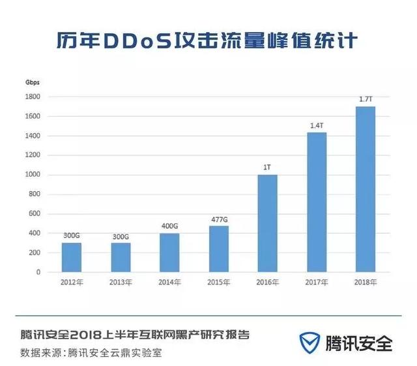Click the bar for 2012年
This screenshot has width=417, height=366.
[x=72, y=257]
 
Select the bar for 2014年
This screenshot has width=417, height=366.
[x=169, y=252]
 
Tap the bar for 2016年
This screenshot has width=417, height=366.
[x=267, y=223]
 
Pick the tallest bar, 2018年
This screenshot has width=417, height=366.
[x=365, y=189]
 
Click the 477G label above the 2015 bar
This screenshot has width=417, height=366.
[x=219, y=219]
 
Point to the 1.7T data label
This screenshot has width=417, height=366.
[x=366, y=99]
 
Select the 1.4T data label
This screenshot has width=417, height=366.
[x=317, y=125]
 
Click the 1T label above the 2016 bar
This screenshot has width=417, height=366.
[x=267, y=167]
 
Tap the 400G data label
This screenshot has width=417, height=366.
[x=169, y=226]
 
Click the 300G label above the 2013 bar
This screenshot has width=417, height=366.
[x=121, y=236]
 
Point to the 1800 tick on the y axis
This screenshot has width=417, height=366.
[x=33, y=97]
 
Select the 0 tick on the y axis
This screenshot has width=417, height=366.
[x=38, y=272]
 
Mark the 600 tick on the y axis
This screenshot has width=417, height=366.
[x=35, y=213]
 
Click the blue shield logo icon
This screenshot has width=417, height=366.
[x=309, y=343]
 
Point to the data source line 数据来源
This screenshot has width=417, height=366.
[x=91, y=353]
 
